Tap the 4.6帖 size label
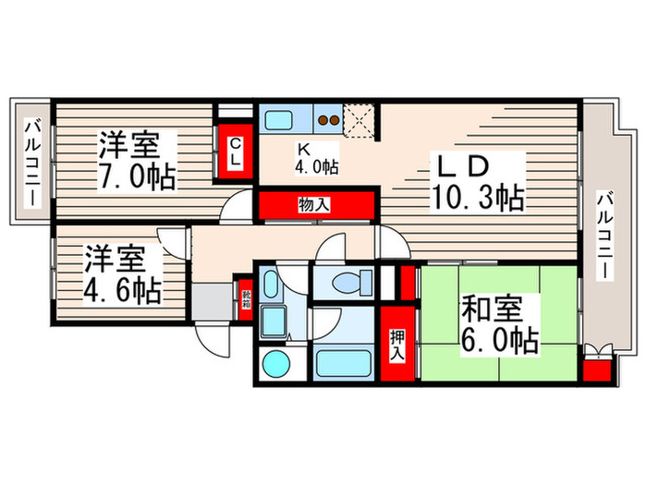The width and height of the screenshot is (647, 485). (123, 290)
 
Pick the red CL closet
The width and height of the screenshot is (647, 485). (236, 152)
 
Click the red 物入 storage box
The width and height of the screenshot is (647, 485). (314, 204)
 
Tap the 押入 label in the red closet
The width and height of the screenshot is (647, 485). (396, 346)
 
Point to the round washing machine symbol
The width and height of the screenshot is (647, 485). (275, 365)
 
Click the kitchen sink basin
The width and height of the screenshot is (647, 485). (278, 120)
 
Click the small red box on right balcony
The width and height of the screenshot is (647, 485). (596, 372)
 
